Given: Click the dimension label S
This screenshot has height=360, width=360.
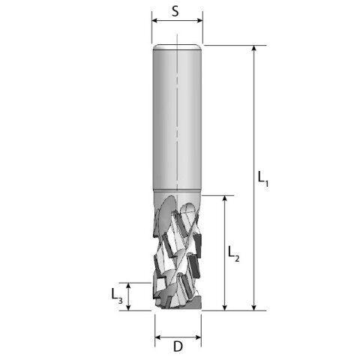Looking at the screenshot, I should point(176,11).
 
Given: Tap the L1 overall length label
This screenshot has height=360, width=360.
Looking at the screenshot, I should point(262,178).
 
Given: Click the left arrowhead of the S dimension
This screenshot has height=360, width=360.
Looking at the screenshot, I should point(155,21).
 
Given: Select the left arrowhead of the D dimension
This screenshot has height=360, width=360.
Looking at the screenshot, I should point(157,334).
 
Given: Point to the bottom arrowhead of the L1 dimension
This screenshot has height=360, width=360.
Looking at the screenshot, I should point(255,305).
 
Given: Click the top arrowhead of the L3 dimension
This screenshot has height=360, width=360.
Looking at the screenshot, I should point(129,286).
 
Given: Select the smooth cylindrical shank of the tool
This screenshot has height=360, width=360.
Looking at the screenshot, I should point(177,120).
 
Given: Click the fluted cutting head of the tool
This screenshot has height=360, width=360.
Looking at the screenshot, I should point(178,251).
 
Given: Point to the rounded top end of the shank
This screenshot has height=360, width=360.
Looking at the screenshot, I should point(177,48).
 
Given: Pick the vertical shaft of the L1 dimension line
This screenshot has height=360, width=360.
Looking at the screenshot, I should point(255,112).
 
